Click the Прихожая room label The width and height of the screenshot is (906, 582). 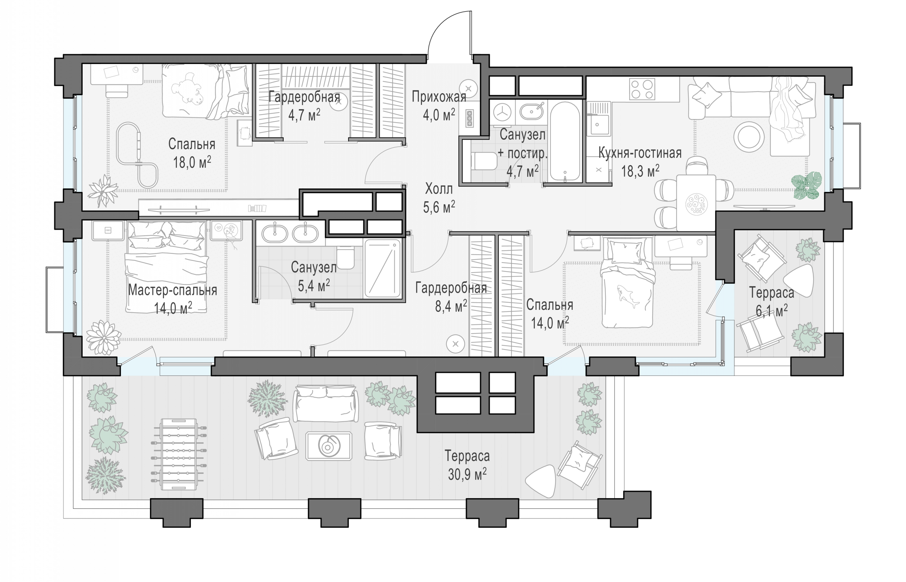point(439,97)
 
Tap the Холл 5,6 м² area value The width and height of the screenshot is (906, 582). point(439,207)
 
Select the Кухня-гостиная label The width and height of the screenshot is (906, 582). point(640,153)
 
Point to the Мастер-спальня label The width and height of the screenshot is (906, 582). point(172,290)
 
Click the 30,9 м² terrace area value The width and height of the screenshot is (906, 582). point(467,474)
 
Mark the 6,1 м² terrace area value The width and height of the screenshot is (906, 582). point(772,311)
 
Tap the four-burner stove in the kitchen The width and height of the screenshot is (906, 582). point(642,89)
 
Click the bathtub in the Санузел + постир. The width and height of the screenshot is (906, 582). point(565,141)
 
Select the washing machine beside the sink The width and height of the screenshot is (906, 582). point(502,112)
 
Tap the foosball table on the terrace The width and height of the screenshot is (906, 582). point(179,453)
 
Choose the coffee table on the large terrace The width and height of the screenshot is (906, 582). point(329,446)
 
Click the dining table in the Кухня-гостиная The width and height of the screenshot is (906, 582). point(696,203)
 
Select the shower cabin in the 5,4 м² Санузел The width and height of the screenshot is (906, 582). point(382,268)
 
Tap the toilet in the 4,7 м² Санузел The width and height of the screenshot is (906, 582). point(485,162)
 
